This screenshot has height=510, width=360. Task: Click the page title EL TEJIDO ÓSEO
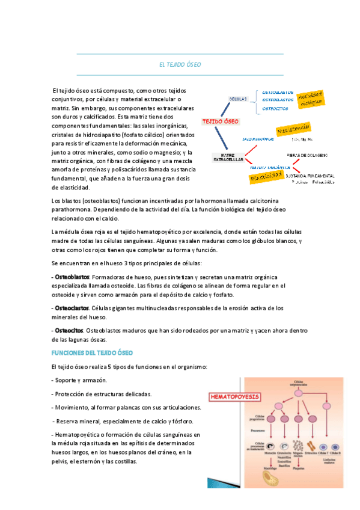click(180, 64)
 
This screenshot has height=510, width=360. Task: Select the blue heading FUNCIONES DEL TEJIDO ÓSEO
click(91, 352)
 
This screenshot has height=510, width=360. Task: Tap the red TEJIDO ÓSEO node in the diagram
click(220, 121)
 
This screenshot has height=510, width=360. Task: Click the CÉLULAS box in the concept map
click(238, 99)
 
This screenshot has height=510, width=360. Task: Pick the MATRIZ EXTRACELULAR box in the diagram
click(228, 158)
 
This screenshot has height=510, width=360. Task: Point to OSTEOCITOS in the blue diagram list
click(275, 109)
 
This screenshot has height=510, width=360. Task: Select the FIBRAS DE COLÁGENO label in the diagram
click(307, 155)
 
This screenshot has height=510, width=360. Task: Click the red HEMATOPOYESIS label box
click(234, 397)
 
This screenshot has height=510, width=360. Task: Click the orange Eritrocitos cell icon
click(312, 447)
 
